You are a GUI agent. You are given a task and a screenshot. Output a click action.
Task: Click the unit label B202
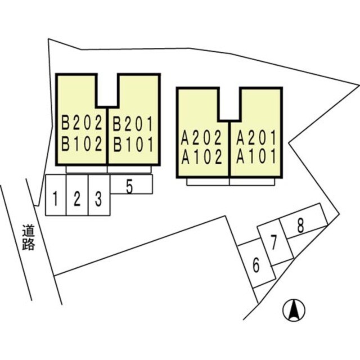click(x=82, y=123)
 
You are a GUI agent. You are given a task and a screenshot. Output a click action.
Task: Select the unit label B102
click(x=82, y=144)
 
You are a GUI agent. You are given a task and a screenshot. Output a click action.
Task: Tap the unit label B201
click(x=133, y=124)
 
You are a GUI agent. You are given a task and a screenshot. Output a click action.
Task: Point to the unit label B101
click(x=133, y=145)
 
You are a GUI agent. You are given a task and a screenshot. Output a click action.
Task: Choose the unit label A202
click(x=201, y=138)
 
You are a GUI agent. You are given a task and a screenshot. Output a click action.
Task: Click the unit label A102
click(x=201, y=157)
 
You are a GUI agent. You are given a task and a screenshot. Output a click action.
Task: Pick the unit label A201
click(x=256, y=138)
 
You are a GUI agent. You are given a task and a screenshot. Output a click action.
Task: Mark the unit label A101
click(x=256, y=156)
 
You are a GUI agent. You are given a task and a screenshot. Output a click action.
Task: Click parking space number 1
click(x=55, y=199)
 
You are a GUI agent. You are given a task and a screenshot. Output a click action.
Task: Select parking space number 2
click(x=77, y=199)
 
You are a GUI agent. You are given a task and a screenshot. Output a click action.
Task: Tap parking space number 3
click(x=98, y=199)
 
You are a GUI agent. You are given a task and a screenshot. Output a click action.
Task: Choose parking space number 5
click(x=129, y=187)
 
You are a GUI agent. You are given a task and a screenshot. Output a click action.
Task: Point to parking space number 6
click(x=256, y=265)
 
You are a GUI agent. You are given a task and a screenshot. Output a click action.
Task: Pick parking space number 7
click(x=273, y=242)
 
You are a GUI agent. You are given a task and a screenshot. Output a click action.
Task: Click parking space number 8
click(x=300, y=225)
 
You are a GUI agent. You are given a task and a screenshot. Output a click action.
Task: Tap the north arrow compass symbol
click(x=294, y=310)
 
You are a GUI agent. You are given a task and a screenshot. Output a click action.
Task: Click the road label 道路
click(x=29, y=237)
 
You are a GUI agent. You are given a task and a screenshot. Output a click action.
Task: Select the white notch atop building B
click(x=107, y=90)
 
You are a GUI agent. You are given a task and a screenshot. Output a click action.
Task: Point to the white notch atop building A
click(x=229, y=103)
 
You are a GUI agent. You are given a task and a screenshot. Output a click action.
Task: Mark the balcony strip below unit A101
click(x=252, y=182)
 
